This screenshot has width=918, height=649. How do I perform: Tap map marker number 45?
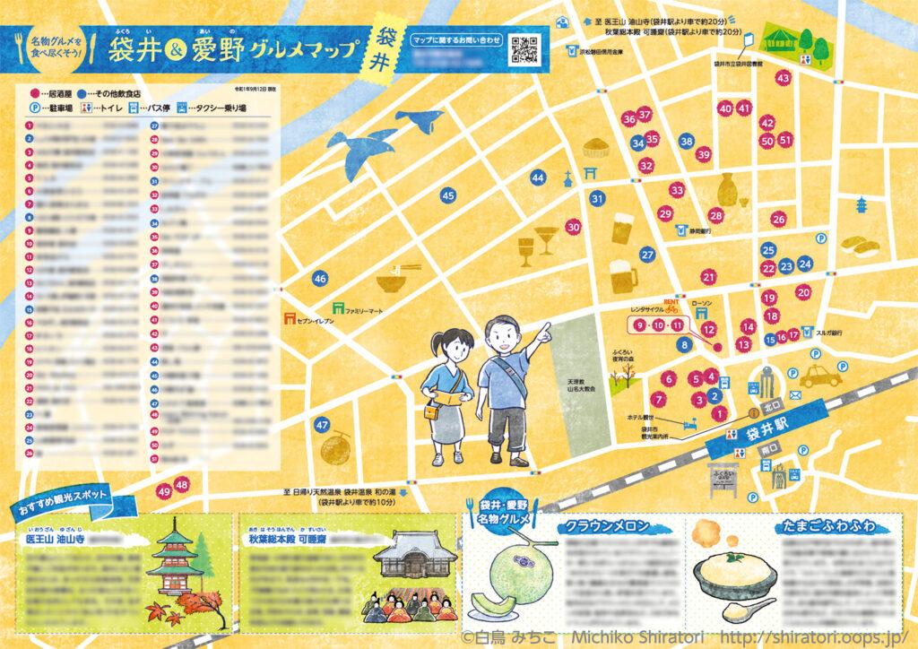pyautogui.click(x=448, y=195)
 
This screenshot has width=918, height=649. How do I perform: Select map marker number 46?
pyautogui.click(x=320, y=280)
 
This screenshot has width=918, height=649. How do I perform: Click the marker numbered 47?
pyautogui.click(x=323, y=425)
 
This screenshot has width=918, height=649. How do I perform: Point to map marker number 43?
pyautogui.click(x=783, y=78)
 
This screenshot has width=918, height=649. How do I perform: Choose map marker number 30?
pyautogui.click(x=574, y=227)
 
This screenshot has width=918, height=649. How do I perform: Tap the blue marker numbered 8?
pyautogui.click(x=685, y=344)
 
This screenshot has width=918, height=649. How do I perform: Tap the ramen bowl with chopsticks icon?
pyautogui.click(x=392, y=282)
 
